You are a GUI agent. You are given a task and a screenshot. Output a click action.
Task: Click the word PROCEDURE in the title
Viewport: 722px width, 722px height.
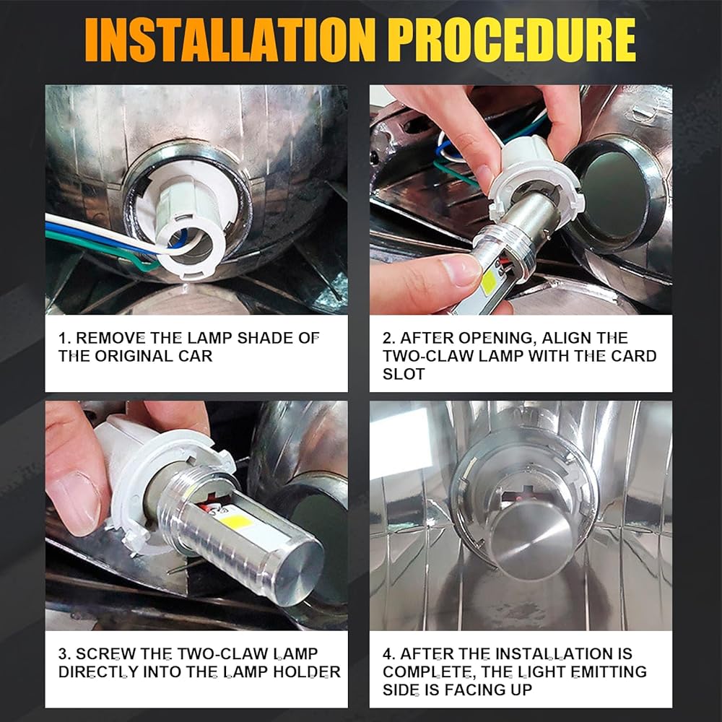point(512,40)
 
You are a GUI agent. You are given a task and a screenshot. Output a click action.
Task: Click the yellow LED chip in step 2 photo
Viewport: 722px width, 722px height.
point(489,281)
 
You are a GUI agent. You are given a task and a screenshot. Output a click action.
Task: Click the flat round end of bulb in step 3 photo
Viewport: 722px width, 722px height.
point(295,571)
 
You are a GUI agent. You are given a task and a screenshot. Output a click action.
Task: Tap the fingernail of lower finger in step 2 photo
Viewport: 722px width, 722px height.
point(461,270)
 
